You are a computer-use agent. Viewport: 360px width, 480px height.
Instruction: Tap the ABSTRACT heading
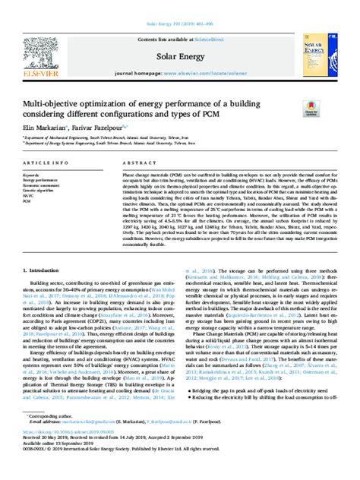(128, 163)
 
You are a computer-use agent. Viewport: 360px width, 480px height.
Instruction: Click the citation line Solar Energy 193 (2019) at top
(179, 8)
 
